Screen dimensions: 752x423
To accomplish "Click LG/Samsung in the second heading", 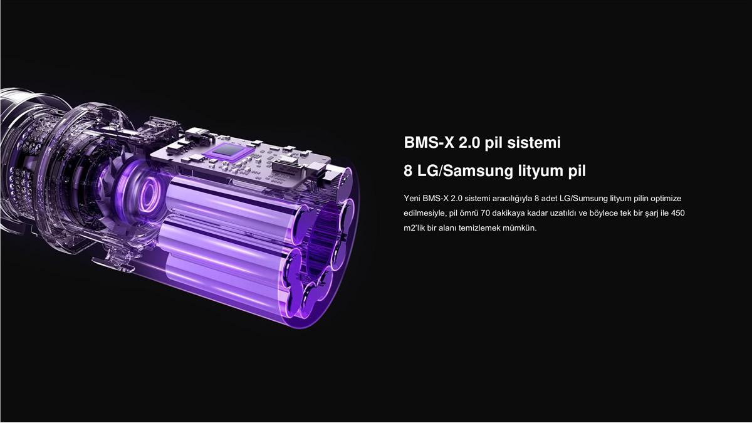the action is pos(465,171).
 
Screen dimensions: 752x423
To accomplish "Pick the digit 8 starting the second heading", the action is pos(408,171).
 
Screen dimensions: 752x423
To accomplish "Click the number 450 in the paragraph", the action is pos(678,213).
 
